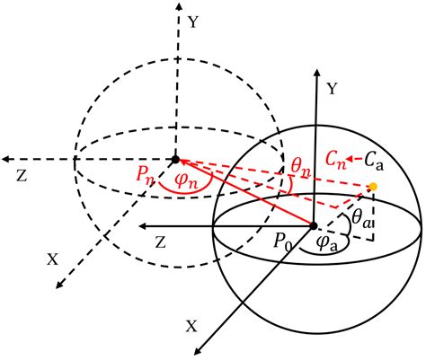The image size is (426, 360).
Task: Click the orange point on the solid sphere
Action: click(x=371, y=188)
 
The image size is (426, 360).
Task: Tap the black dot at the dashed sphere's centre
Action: click(x=175, y=160)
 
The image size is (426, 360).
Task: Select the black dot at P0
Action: click(x=313, y=224)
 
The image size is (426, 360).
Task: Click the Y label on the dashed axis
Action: click(x=194, y=17)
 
